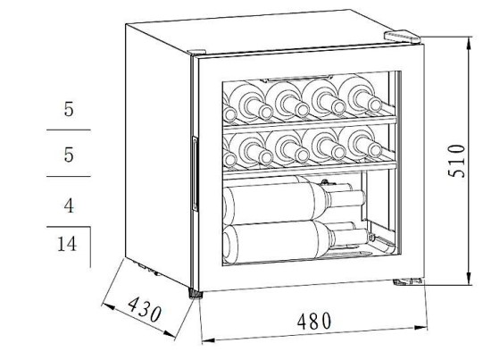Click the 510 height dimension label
[456, 161]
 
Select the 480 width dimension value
[314, 321]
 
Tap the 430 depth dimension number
[145, 309]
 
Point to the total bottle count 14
[67, 244]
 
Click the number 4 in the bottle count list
[69, 205]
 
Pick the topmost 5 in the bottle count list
[69, 109]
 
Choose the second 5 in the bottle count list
[69, 155]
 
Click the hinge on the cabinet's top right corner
[402, 36]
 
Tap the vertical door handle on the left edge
[195, 173]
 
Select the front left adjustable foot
[196, 294]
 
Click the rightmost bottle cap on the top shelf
[375, 105]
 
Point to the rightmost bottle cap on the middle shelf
[375, 151]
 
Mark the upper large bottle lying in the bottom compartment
[294, 200]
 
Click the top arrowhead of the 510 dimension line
[469, 43]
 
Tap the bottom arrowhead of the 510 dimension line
[469, 279]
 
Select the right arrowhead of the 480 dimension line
[421, 328]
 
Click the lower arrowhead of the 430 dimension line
[170, 334]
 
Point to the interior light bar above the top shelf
[296, 79]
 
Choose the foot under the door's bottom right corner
[407, 281]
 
